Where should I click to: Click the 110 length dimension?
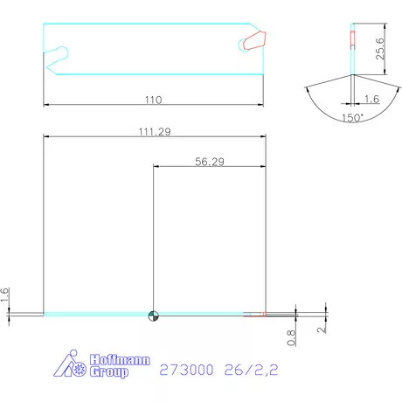click(154, 99)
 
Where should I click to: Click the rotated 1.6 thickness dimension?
click(5, 295)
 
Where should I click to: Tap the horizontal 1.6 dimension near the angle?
click(371, 100)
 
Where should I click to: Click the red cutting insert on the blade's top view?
click(254, 40)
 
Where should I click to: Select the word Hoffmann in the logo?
click(121, 359)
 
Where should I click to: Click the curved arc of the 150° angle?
click(351, 122)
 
